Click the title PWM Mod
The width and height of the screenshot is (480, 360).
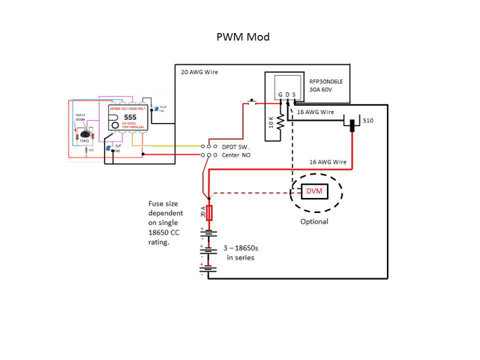point(242,37)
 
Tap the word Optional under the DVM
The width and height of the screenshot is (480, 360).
point(314,222)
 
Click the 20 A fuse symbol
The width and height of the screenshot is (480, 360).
point(209,213)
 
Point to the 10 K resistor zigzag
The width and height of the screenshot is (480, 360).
point(280,122)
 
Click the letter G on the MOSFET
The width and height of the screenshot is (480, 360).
point(280,95)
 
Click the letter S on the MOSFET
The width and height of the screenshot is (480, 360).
point(293,95)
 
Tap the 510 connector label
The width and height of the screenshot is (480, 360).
point(368,121)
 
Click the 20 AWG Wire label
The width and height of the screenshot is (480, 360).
point(199,73)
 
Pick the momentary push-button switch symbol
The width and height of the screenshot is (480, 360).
point(252,102)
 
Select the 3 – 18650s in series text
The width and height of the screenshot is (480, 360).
point(241,252)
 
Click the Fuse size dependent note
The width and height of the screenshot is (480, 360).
point(169,223)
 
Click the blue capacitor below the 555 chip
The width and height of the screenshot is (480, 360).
point(109,149)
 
